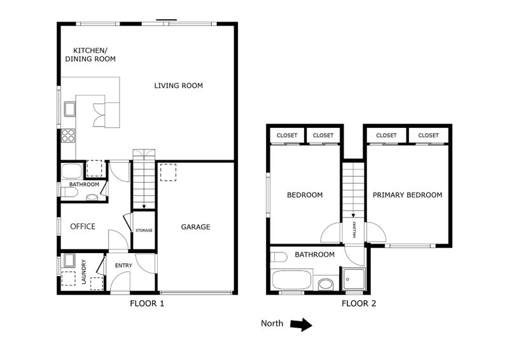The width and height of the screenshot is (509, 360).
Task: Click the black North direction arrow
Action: tap(301, 324)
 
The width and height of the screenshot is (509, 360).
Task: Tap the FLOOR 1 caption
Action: tap(147, 303)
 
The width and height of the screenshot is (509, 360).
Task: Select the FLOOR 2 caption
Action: tap(359, 303)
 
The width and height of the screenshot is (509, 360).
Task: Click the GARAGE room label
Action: tap(195, 227)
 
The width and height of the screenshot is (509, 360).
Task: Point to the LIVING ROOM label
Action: tap(178, 85)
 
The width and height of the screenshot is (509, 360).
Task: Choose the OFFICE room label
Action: tap(83, 226)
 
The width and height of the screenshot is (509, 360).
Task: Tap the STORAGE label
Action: tap(144, 230)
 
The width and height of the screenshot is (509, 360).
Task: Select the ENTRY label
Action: tap(123, 266)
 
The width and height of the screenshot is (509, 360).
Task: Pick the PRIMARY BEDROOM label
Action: tap(407, 195)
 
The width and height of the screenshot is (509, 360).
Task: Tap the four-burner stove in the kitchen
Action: tap(68, 135)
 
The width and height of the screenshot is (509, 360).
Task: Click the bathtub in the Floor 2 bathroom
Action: tap(291, 280)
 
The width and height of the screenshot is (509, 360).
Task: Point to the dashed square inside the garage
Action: tap(168, 172)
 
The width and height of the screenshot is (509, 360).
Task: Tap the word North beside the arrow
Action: tap(272, 324)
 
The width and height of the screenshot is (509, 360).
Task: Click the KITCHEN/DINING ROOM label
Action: tap(94, 55)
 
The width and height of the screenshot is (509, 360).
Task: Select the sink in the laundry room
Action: tap(69, 261)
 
